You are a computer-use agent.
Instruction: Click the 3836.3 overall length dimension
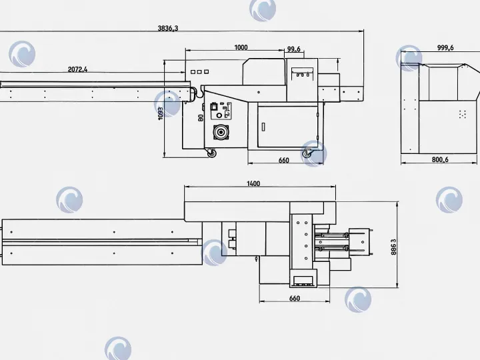tap(168, 28)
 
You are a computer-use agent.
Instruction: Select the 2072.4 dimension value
tap(77, 69)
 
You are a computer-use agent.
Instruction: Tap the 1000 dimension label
tap(241, 47)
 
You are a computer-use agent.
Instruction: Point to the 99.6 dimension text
tap(294, 49)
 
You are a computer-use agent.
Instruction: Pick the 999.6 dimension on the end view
tap(445, 48)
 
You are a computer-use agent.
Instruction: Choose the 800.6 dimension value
tap(440, 159)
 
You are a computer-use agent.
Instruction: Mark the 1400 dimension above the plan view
tap(253, 184)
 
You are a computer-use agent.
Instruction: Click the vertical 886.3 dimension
tap(394, 247)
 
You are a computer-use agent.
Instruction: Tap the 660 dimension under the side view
tap(284, 161)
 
